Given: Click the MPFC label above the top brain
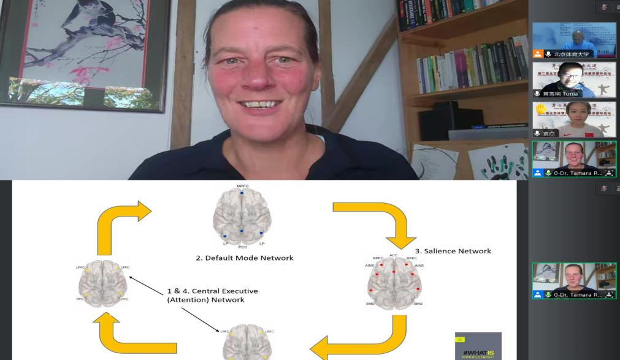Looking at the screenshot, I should (x=242, y=186).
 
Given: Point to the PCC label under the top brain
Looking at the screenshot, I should (x=242, y=247).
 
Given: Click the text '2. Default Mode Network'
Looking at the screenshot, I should (x=244, y=258).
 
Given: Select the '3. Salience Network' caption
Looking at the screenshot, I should (x=453, y=251).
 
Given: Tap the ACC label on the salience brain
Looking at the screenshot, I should (x=394, y=255).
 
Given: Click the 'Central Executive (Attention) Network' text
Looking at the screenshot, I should (x=213, y=295).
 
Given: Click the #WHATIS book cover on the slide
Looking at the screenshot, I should (x=478, y=346).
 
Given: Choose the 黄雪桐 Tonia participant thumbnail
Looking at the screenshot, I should (x=573, y=80).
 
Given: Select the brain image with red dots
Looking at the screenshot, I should (x=395, y=283).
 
